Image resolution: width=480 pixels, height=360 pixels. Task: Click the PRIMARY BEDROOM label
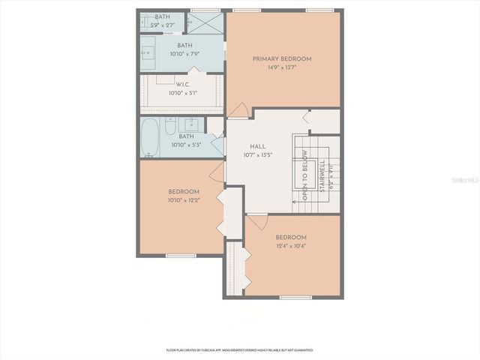coord(281,58)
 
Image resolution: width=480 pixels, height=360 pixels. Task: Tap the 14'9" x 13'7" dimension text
coord(281,67)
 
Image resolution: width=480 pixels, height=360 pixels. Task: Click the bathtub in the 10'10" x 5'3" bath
coord(149,137)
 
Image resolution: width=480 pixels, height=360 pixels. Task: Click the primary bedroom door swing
coord(238,110)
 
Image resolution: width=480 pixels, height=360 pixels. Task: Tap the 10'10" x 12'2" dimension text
coord(184,200)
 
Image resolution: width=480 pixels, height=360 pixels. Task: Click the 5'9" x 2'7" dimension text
coord(164,25)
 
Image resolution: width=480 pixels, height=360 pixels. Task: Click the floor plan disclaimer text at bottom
coord(240,349)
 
